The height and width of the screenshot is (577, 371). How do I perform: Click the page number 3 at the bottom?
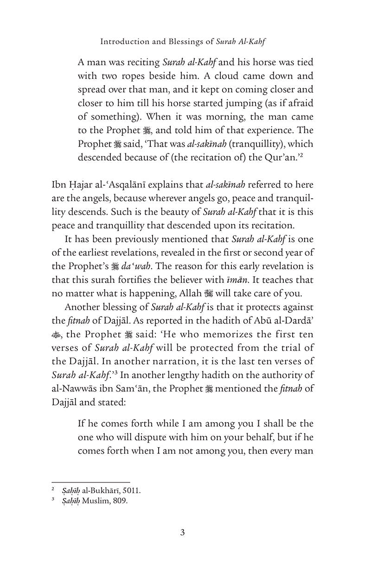(183, 545)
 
